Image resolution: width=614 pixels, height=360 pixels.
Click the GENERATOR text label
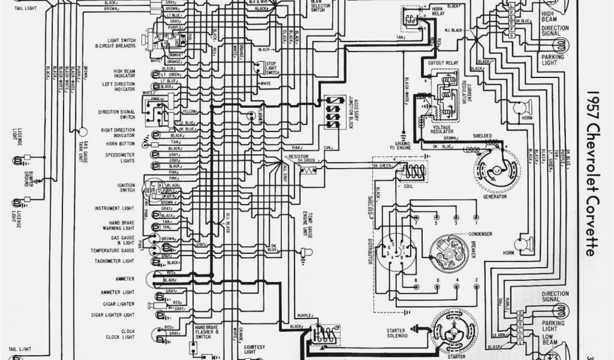[490, 196]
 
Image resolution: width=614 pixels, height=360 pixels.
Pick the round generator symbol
[495, 169]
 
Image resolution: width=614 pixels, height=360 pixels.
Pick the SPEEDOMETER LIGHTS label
[121, 157]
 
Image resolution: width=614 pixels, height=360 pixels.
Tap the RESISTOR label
[298, 156]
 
